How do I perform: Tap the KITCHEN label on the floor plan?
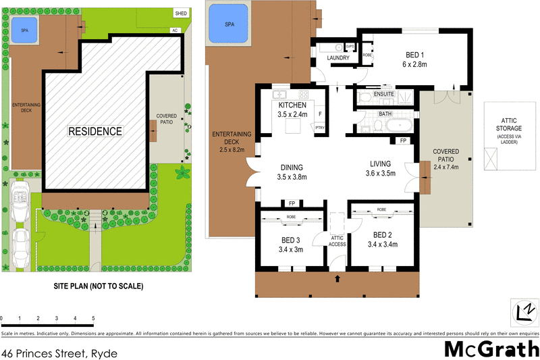point(292,105)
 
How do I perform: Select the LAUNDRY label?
point(337,58)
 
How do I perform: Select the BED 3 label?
point(292,239)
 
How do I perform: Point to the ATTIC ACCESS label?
point(337,240)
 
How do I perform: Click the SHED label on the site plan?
point(181,13)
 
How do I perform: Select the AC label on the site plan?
point(175,30)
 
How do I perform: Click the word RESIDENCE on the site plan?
point(94,131)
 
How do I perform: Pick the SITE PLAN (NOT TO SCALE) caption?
point(99,286)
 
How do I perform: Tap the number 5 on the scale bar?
point(93,317)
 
